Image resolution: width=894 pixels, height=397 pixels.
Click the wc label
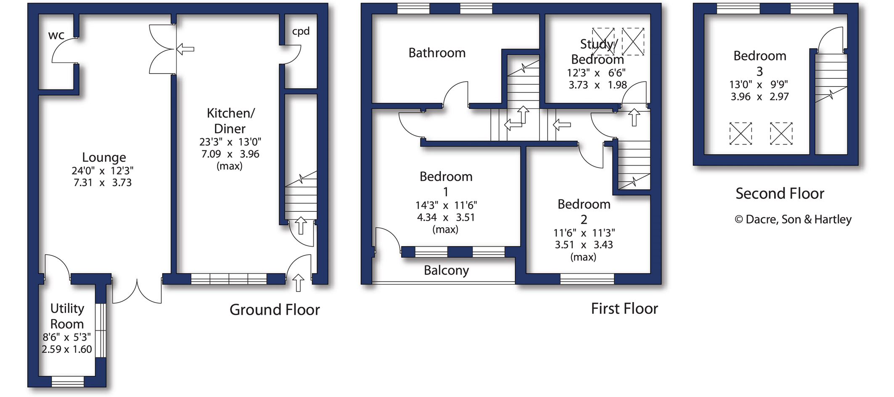point(56,35)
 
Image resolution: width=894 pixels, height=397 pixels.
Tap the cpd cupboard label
point(301,32)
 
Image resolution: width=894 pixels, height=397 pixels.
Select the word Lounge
point(104,158)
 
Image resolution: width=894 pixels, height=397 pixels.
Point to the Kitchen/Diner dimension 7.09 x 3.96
point(230,154)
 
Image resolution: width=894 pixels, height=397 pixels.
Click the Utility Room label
point(67,316)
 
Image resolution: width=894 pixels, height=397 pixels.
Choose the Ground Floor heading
point(275,310)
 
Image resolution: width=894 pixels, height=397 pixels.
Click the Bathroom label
point(437,53)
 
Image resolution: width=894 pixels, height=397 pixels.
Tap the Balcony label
point(446,271)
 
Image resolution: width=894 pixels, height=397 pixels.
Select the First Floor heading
point(624,309)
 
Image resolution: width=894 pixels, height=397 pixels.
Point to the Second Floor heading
point(780,194)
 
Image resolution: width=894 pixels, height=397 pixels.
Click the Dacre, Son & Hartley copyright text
point(793,219)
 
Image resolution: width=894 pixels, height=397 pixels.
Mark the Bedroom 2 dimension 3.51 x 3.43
point(584,245)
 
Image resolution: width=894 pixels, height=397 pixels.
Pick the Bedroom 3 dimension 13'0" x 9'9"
point(759,85)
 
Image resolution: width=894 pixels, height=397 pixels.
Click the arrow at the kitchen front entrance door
point(298,282)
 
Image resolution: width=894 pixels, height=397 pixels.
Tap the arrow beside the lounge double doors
point(185,49)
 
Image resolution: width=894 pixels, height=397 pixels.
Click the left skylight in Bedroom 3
point(741,134)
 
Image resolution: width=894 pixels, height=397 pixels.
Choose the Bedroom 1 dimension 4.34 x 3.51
point(446,218)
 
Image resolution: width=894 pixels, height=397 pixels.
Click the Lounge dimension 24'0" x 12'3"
point(103,171)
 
